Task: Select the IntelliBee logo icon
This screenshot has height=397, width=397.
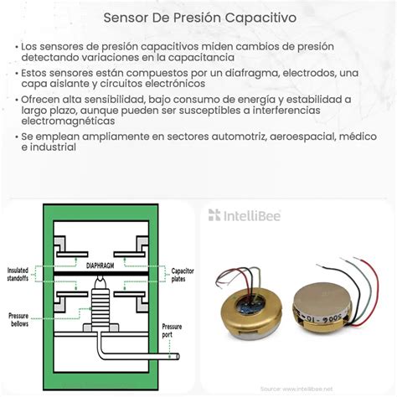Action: click(215, 216)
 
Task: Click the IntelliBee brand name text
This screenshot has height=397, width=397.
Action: click(252, 216)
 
